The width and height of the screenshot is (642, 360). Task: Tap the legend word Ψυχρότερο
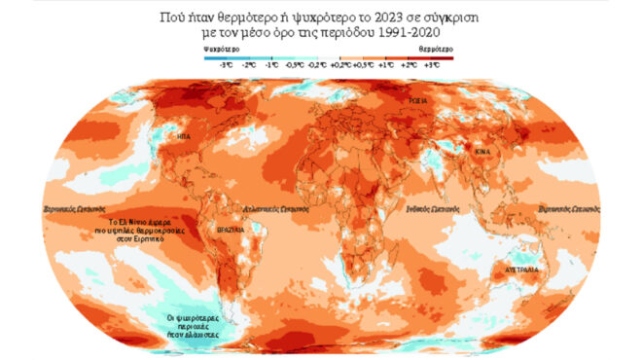(x=222, y=47)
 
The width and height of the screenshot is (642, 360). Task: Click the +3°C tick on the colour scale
(x=431, y=64)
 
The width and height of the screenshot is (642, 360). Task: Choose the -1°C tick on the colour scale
(x=271, y=64)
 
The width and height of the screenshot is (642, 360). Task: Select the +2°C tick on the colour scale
(x=408, y=64)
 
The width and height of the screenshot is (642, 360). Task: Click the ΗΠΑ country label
(x=183, y=138)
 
